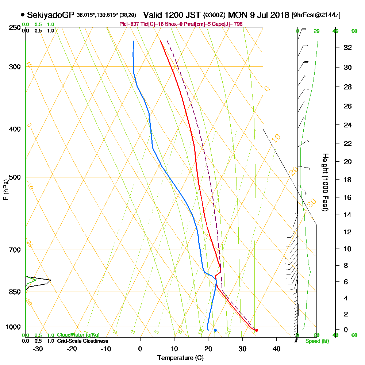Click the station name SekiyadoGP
[x=51, y=15]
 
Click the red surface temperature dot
[x=257, y=330]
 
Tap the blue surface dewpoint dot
[x=215, y=330]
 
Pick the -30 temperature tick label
[x=38, y=349]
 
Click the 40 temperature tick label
[x=276, y=349]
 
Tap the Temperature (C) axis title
[x=180, y=358]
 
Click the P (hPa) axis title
[x=5, y=190]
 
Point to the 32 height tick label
[x=348, y=47]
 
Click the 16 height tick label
[x=348, y=197]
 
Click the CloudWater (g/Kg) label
[x=78, y=335]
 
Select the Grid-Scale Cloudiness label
[x=82, y=341]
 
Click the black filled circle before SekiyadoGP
[x=23, y=15]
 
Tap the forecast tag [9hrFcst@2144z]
[x=316, y=15]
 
